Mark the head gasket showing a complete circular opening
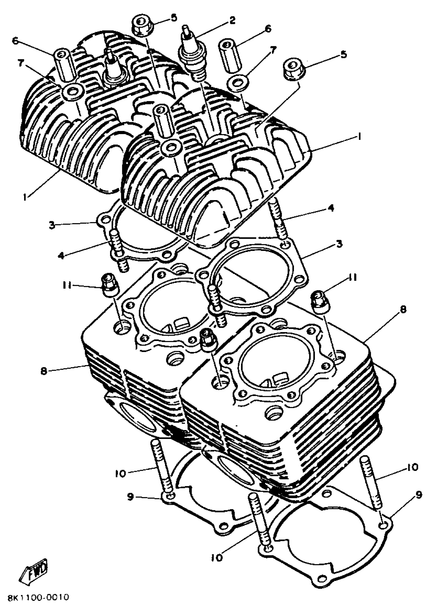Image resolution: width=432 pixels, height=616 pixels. pyautogui.click(x=252, y=274)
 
